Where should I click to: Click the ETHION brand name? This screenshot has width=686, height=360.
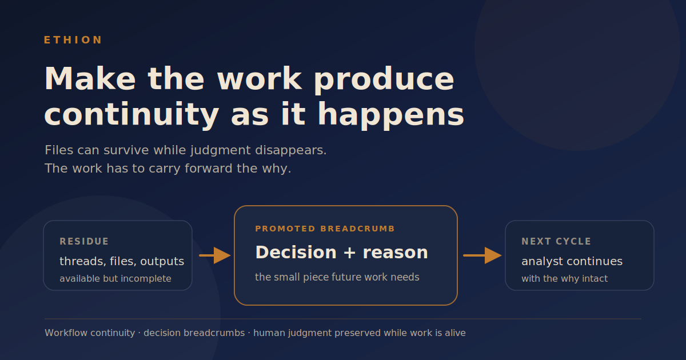pyautogui.click(x=73, y=40)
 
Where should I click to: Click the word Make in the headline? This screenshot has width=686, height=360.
pyautogui.click(x=90, y=79)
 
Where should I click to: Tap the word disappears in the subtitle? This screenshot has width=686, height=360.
pyautogui.click(x=291, y=151)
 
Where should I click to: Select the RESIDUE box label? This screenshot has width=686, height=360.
pyautogui.click(x=84, y=242)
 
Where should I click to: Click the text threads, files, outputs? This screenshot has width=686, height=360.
pyautogui.click(x=122, y=262)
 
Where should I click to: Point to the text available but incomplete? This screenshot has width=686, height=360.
pyautogui.click(x=115, y=279)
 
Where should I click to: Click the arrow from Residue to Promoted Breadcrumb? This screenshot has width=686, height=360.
pyautogui.click(x=215, y=255)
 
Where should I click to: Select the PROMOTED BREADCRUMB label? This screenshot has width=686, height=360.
pyautogui.click(x=325, y=229)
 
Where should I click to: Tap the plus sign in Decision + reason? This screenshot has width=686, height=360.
pyautogui.click(x=350, y=253)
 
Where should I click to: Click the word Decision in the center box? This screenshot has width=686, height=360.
pyautogui.click(x=296, y=253)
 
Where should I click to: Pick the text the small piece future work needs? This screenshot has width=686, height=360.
pyautogui.click(x=337, y=277)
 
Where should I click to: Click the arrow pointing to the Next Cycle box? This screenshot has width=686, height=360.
pyautogui.click(x=482, y=255)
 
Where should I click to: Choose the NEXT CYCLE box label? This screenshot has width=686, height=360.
pyautogui.click(x=556, y=242)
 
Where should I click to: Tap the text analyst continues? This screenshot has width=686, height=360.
pyautogui.click(x=572, y=262)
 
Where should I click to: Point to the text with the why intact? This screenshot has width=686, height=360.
pyautogui.click(x=565, y=279)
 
